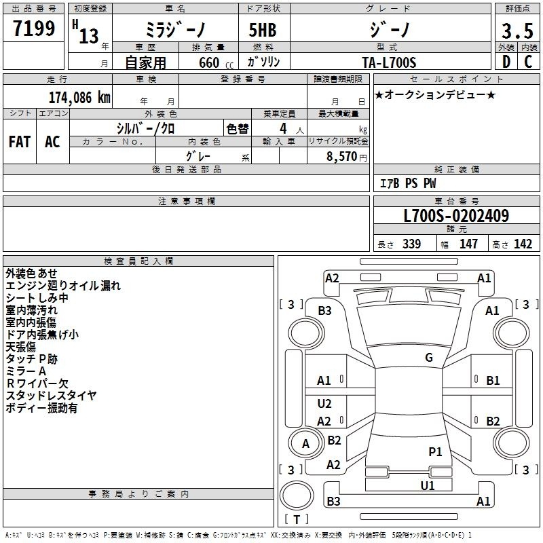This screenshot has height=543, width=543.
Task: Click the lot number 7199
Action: [34, 28]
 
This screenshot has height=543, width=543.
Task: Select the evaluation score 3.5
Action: [517, 31]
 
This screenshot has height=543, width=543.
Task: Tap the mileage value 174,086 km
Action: [79, 98]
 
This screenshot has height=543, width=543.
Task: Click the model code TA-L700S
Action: [389, 62]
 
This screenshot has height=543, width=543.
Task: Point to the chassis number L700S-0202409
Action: [456, 216]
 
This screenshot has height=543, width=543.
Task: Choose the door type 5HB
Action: [263, 30]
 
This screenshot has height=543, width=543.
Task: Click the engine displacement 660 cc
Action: [216, 62]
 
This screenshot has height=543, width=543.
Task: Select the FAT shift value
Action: [20, 142]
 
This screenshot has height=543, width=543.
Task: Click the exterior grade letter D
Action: [506, 62]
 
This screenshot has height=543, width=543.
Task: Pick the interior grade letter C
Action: [528, 62]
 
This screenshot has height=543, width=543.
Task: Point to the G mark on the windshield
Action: [429, 358]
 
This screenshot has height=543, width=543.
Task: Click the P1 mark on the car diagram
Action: [435, 452]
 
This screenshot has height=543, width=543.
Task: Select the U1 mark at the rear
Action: [428, 486]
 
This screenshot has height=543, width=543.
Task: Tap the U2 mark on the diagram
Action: [324, 404]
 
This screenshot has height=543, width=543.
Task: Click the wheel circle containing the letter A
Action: [306, 444]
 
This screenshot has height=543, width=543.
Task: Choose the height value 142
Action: [523, 244]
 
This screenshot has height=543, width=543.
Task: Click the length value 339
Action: [411, 244]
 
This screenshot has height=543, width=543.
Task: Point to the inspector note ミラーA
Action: [26, 371]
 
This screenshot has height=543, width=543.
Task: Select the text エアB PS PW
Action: [408, 183]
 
